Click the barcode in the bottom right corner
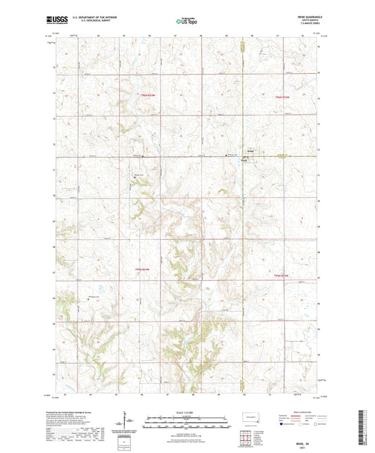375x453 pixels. pos(362,429)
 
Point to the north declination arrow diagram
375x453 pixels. pos(127,421)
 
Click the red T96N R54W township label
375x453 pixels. pos(146,95)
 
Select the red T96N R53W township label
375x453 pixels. pos(281,96)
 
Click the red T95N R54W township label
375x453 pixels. pos(143,269)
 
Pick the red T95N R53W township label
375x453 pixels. pos(281,275)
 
